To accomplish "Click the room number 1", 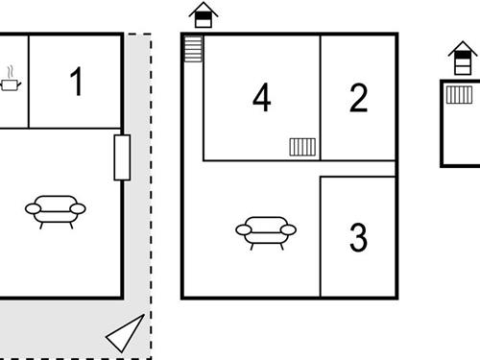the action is [77, 82].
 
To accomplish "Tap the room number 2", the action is [358, 98].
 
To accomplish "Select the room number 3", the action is [358, 237].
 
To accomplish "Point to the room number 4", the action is [262, 97].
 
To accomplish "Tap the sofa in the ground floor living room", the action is [56, 212].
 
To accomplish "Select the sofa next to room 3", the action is [266, 233].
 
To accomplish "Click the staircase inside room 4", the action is [302, 147].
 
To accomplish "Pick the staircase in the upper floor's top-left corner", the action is [193, 49].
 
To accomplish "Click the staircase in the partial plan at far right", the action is [459, 95].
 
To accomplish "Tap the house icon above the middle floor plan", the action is [204, 15].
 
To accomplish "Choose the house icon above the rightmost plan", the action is [463, 58].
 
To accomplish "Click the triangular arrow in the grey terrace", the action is [125, 333].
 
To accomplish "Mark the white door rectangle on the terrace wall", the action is [122, 157].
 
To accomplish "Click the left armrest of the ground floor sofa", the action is [33, 209].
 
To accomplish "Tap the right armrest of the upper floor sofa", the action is [288, 229].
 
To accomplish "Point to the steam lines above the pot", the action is [11, 72].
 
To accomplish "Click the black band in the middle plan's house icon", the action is [204, 15].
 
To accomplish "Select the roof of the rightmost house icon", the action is [463, 48].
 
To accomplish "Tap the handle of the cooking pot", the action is [19, 84].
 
